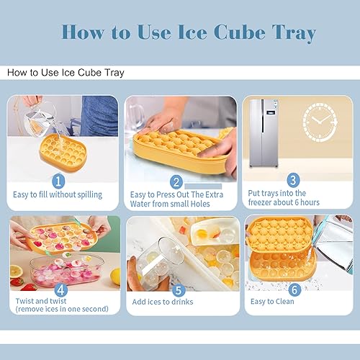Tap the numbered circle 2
[175, 181]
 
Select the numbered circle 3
[293, 180]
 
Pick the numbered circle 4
[60, 290]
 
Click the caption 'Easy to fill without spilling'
[58, 194]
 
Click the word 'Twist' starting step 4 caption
[27, 301]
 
